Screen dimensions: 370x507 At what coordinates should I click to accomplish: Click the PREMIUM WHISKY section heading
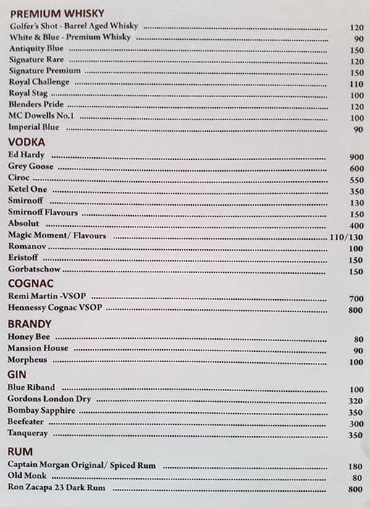click(x=57, y=13)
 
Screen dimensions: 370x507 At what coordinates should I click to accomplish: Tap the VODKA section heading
click(x=27, y=142)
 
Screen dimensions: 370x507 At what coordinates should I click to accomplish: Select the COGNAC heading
click(x=30, y=283)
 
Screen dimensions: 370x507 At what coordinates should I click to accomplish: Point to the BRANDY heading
click(x=30, y=324)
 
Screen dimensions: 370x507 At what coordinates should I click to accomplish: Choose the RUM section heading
click(x=20, y=451)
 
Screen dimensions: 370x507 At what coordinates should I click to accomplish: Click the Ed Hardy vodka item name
click(x=26, y=155)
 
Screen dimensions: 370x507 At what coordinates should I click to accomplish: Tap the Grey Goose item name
click(x=32, y=167)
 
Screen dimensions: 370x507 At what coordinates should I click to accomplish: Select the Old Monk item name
click(x=27, y=477)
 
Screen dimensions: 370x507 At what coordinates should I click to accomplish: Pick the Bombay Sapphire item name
click(x=41, y=410)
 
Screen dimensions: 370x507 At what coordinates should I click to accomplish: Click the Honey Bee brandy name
click(x=29, y=337)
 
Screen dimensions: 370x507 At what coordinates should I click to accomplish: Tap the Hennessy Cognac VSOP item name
click(x=55, y=308)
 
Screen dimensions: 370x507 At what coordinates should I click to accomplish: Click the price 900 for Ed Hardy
click(x=356, y=157)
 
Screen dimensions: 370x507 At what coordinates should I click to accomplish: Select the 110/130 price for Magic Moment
click(x=345, y=237)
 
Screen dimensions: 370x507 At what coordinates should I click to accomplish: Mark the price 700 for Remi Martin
click(x=356, y=298)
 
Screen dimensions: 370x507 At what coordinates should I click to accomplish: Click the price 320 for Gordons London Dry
click(x=356, y=401)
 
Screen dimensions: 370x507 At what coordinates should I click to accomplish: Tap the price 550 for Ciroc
click(x=356, y=180)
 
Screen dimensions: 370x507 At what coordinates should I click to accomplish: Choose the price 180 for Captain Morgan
click(x=356, y=466)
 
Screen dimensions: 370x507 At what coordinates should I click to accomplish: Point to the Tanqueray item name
click(x=28, y=433)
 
